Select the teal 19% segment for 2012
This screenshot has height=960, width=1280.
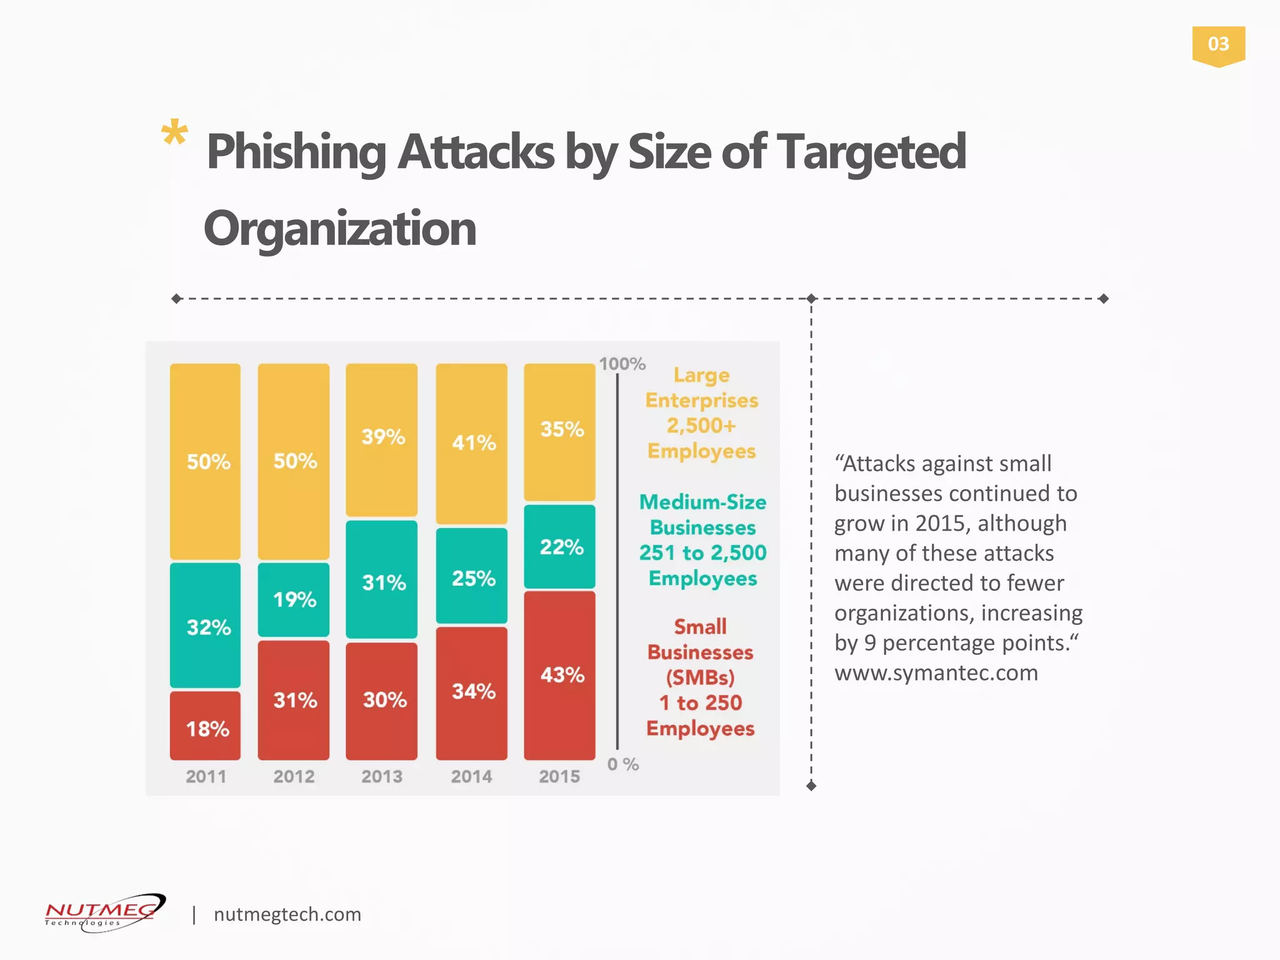(293, 599)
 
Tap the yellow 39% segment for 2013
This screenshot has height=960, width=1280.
(381, 439)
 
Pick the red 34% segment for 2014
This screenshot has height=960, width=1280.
(471, 692)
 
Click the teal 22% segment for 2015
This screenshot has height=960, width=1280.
(559, 546)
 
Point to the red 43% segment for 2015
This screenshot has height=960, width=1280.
(559, 675)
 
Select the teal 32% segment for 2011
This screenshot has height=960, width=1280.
(205, 625)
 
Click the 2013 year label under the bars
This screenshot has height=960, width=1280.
(381, 776)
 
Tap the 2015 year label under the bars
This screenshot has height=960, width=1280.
(559, 776)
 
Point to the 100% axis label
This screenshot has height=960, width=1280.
(622, 364)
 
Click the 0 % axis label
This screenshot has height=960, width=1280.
(622, 764)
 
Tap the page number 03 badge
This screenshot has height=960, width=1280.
(1218, 45)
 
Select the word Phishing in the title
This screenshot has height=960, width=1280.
(296, 152)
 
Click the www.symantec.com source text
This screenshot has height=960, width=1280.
(936, 673)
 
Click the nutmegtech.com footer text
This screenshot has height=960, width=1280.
(287, 914)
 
